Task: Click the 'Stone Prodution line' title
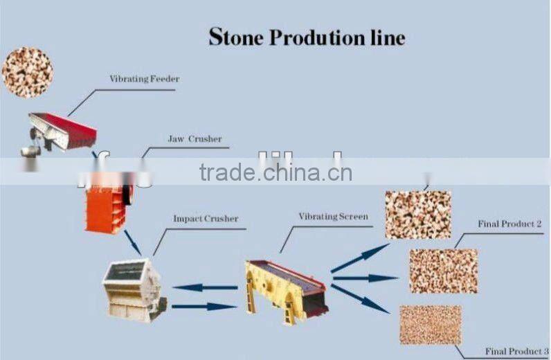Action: tap(307, 37)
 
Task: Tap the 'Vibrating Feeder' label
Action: tap(144, 79)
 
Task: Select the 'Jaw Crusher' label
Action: tap(195, 139)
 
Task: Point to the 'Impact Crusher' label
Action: tap(205, 219)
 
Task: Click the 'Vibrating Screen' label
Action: tap(333, 217)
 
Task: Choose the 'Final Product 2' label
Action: tap(509, 224)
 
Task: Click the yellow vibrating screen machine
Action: tap(284, 290)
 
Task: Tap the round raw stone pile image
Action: tap(27, 72)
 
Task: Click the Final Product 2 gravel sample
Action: tap(443, 271)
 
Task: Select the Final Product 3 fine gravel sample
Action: tap(430, 325)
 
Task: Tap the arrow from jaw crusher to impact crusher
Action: tap(132, 242)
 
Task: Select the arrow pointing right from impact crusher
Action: tap(204, 306)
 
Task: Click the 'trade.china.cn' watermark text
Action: tap(275, 172)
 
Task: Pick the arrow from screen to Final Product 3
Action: tap(360, 298)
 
